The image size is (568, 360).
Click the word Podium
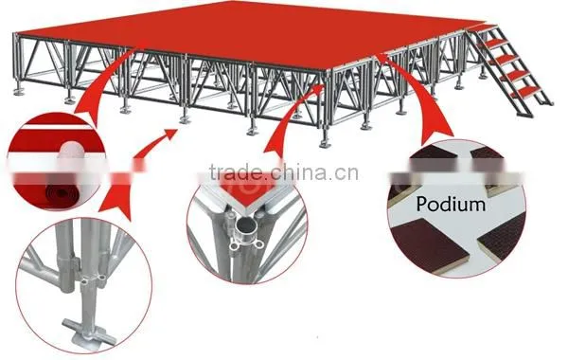(451, 204)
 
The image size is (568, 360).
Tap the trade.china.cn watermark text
(284, 172)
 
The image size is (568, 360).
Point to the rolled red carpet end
(62, 193)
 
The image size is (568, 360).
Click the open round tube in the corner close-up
(245, 227)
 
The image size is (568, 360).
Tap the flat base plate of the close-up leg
(90, 333)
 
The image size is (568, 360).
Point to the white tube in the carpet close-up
(71, 158)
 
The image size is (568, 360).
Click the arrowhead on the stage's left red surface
(139, 46)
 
